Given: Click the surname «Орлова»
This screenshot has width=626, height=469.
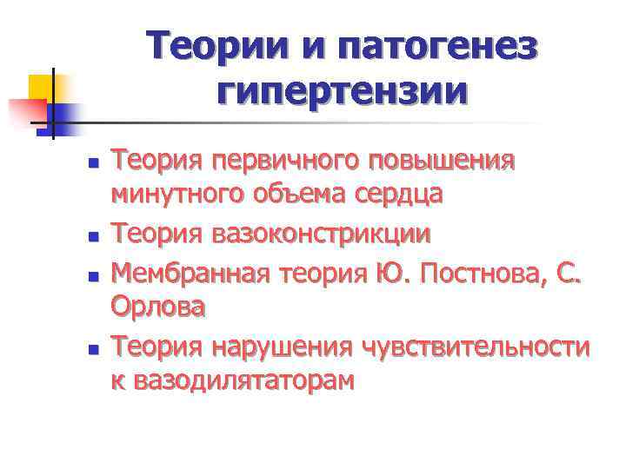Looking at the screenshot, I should pos(158,306).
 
